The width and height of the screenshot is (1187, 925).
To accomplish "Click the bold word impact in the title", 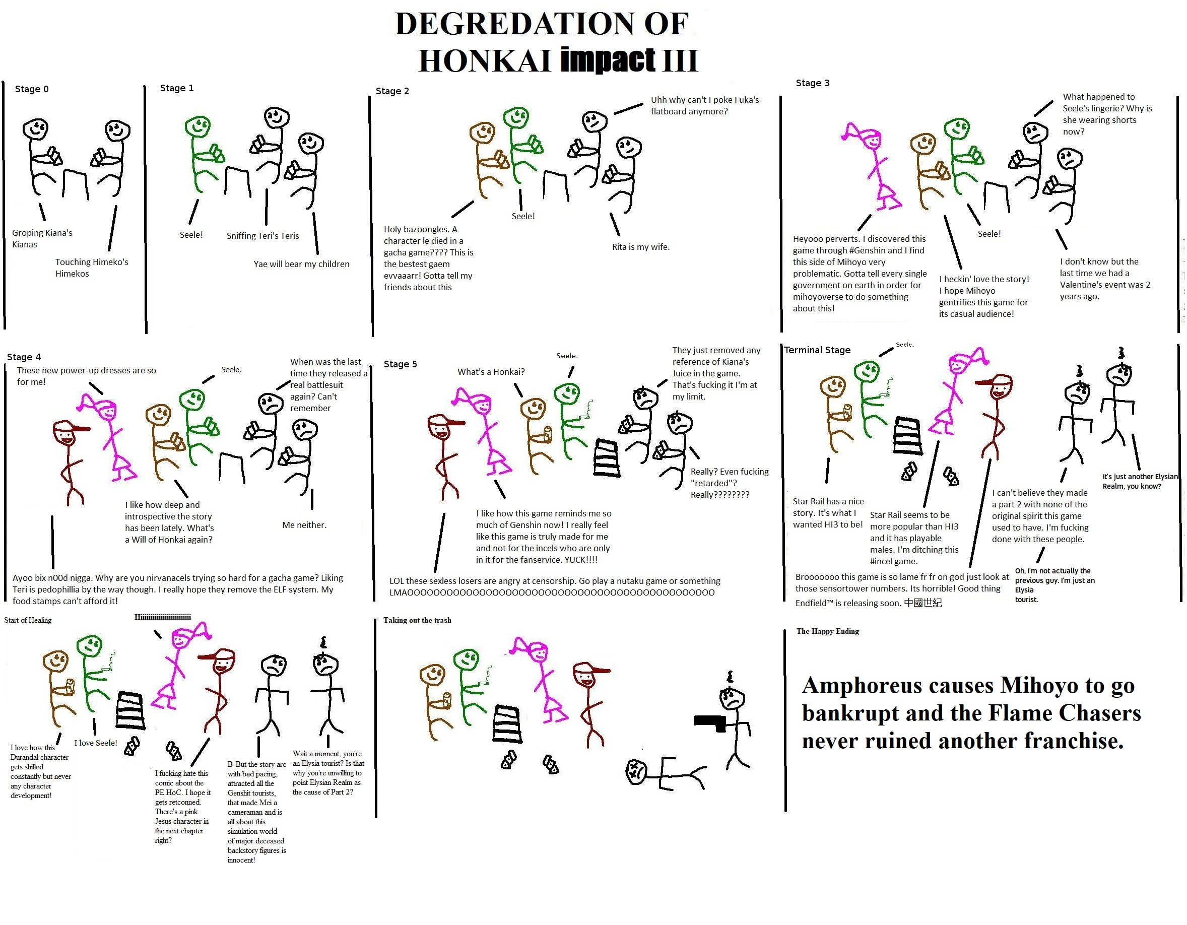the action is coord(608,60).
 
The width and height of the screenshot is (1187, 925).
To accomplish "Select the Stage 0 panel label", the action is coord(32,89).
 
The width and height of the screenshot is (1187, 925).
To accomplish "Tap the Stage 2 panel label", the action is coord(392,91).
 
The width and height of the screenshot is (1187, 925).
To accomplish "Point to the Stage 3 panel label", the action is coord(813,83).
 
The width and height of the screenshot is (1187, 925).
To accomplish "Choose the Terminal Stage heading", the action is coord(817,350).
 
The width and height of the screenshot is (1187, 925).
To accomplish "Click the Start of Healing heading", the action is coord(28,620).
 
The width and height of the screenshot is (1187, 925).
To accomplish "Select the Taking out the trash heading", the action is coord(417,620).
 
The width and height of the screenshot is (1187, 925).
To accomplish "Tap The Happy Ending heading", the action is coord(828,631).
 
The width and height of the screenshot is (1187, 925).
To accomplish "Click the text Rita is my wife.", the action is coord(641,247).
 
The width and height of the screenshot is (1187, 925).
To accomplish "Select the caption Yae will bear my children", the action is coord(302,264).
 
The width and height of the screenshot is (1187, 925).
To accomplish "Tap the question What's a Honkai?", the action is coord(491,372).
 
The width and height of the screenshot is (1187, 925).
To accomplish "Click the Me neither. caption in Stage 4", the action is coord(304,525).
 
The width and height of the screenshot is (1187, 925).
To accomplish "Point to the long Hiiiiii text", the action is coord(163,617).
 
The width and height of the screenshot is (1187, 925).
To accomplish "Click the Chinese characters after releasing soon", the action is coord(923,603).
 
